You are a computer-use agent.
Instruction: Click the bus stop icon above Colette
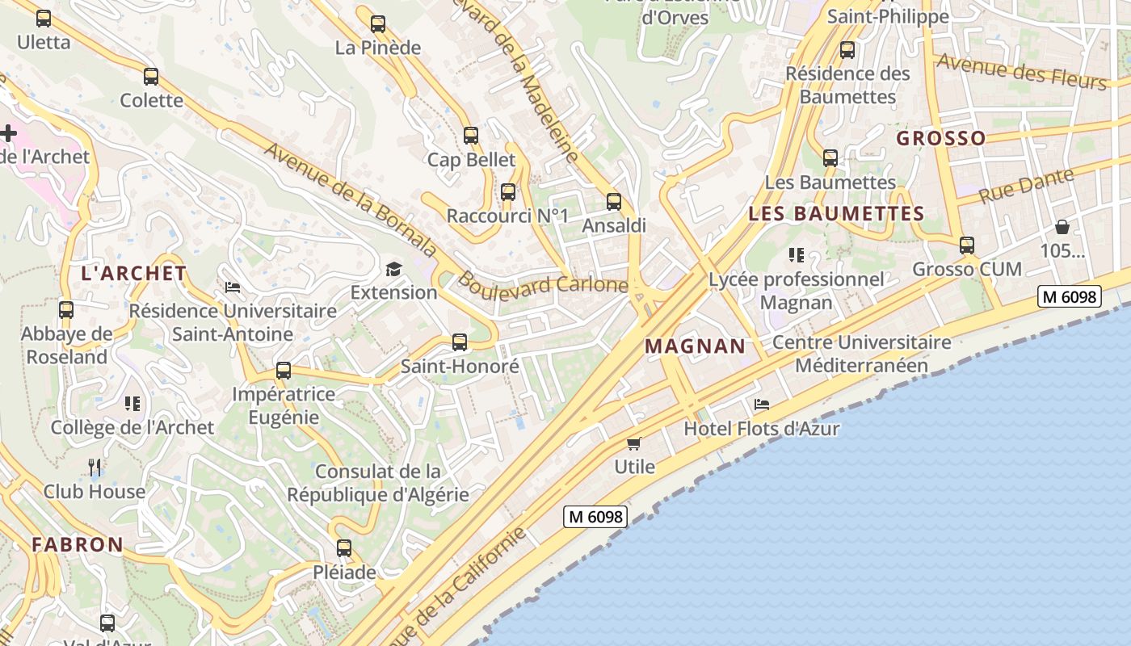click(151, 77)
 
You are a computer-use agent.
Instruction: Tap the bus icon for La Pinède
click(378, 24)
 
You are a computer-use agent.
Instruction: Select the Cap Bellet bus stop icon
click(471, 136)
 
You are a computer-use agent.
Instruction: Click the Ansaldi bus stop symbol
click(614, 202)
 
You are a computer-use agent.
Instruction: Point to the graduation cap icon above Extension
click(393, 269)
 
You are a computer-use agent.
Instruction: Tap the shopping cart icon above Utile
click(634, 443)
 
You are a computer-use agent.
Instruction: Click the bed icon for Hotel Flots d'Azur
click(761, 405)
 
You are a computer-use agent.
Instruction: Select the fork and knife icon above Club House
click(95, 467)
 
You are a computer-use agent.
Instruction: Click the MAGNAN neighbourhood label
click(695, 346)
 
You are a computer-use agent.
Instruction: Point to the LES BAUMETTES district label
click(836, 214)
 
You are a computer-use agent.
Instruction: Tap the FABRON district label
click(78, 544)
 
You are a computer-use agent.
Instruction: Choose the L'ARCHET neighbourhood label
click(134, 273)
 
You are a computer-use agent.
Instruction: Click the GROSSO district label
click(941, 138)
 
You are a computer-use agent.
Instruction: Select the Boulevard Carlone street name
click(542, 285)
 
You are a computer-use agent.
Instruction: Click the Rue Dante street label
click(1026, 187)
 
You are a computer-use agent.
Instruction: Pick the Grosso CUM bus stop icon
click(967, 245)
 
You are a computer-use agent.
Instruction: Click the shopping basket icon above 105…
click(1062, 227)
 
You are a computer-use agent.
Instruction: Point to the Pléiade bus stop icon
click(344, 548)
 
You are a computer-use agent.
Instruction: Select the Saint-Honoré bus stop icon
click(460, 342)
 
